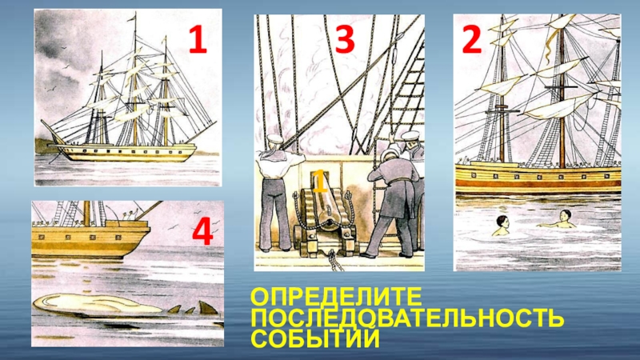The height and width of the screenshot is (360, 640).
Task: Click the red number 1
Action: click(x=198, y=38)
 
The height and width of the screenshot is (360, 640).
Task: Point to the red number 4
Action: click(x=203, y=231)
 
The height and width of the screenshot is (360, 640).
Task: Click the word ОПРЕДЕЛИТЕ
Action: click(x=335, y=297)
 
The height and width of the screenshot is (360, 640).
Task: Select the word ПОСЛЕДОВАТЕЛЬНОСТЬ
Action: click(x=407, y=318)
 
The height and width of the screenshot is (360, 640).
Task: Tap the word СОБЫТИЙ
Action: click(x=314, y=338)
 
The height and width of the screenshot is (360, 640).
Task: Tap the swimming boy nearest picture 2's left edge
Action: click(x=502, y=226)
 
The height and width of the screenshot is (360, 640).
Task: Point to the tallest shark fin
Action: click(x=207, y=307)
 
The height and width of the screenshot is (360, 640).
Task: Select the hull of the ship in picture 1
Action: click(x=126, y=153)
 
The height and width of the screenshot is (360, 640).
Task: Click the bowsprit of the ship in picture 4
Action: click(x=149, y=210)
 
